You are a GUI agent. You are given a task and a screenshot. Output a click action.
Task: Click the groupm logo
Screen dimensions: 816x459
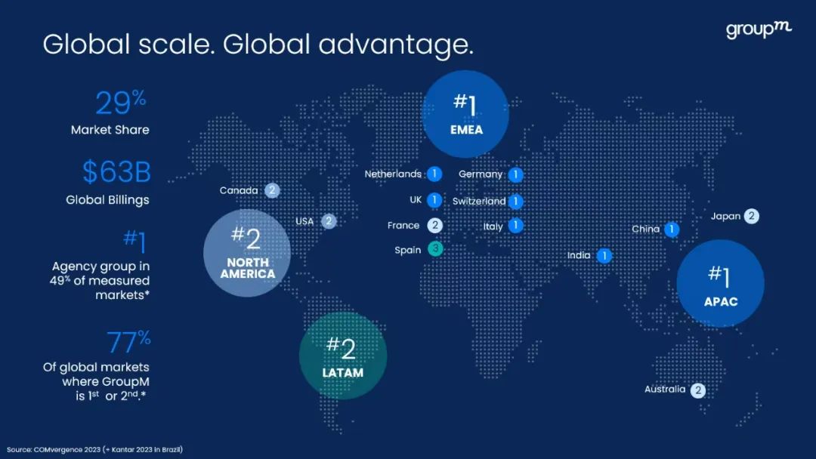click(x=759, y=29)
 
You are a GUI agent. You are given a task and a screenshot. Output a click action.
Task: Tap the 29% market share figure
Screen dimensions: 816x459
click(x=121, y=103)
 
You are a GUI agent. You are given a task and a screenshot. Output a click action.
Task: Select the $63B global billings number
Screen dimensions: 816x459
click(x=116, y=171)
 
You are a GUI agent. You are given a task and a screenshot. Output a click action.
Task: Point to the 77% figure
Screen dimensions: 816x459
click(x=128, y=341)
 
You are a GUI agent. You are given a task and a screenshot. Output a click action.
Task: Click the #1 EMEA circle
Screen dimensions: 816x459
click(x=465, y=114)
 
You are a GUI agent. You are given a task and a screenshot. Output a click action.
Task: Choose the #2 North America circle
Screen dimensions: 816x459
click(x=247, y=253)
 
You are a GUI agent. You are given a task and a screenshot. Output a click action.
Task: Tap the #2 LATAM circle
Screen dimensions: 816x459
click(x=343, y=356)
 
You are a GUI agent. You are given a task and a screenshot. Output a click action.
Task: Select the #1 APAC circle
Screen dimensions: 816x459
click(x=721, y=283)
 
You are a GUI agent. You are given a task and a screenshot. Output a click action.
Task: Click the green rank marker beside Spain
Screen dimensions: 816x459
click(x=436, y=249)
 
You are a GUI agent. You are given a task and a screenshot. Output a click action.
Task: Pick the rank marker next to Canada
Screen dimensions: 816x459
click(x=272, y=190)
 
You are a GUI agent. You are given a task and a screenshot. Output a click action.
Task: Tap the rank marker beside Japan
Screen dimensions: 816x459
click(x=751, y=216)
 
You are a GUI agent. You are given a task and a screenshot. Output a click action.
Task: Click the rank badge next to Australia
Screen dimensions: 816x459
click(x=698, y=390)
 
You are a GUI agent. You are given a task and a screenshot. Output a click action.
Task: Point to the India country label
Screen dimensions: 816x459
click(x=579, y=255)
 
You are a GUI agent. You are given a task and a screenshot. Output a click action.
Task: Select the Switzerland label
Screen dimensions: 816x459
click(x=479, y=201)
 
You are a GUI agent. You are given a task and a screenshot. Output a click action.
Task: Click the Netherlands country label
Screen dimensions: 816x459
click(x=393, y=174)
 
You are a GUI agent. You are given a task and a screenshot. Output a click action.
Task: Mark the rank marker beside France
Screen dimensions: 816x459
click(x=435, y=225)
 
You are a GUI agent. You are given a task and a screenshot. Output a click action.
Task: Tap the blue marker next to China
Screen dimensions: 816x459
click(x=672, y=229)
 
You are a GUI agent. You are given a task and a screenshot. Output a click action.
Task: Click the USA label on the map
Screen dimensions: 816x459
click(x=304, y=221)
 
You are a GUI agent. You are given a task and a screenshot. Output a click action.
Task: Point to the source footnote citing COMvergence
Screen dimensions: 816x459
click(x=94, y=450)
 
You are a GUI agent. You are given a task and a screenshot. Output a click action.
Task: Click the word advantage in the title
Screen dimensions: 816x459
click(x=396, y=45)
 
